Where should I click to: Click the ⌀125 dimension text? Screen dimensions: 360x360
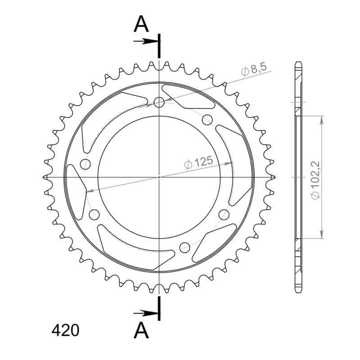(198, 163)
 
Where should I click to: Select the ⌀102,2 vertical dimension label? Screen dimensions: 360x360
(315, 180)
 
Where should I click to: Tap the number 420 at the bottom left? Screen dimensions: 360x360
(65, 331)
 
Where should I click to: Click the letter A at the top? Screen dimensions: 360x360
(141, 25)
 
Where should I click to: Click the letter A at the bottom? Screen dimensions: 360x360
(141, 330)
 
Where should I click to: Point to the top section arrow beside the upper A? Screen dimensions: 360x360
(146, 41)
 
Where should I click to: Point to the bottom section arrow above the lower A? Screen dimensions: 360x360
(146, 313)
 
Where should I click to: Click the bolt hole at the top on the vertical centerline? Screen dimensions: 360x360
(159, 102)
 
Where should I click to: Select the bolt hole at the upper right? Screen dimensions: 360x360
(207, 120)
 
